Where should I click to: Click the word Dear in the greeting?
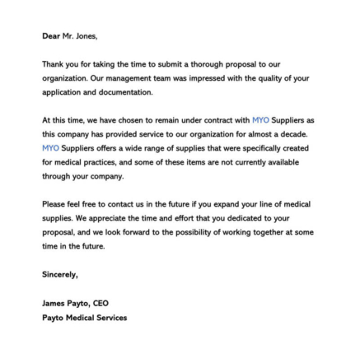tap(50, 35)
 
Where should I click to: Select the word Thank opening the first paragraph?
tap(53, 63)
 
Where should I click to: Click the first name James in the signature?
tap(53, 303)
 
